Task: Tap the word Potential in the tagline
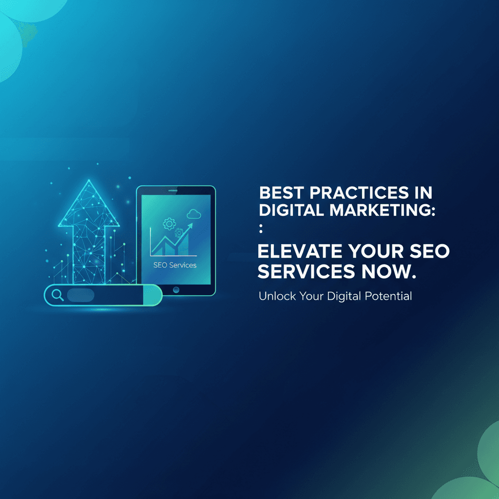click(388, 296)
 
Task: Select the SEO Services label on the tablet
click(175, 265)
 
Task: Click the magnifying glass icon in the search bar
click(58, 295)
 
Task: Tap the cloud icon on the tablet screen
click(194, 214)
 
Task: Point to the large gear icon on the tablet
click(169, 224)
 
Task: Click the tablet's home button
click(176, 289)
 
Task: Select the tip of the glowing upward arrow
click(89, 180)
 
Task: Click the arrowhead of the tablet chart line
click(190, 226)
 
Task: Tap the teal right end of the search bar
click(153, 295)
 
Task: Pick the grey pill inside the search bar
click(80, 295)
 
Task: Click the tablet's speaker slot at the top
click(173, 191)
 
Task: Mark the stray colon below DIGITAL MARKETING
click(261, 228)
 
